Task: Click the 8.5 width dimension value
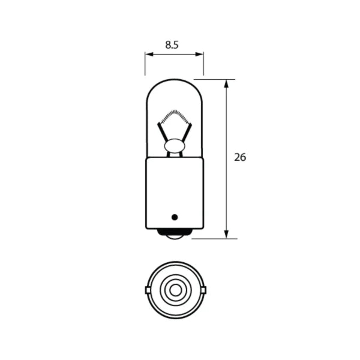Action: (171, 44)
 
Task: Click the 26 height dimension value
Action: (240, 158)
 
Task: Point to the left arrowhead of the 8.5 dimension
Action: (148, 55)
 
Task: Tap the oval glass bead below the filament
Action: (174, 145)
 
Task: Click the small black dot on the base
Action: (175, 217)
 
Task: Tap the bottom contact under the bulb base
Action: (174, 236)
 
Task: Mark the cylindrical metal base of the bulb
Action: (174, 192)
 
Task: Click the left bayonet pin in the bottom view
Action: (148, 290)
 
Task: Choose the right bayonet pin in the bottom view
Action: (203, 290)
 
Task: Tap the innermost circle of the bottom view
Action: (175, 290)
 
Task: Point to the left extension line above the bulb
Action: (145, 65)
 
